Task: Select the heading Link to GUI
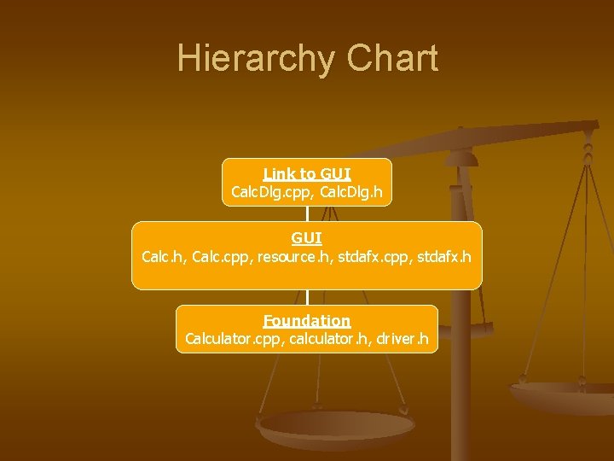click(307, 173)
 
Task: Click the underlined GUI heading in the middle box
click(307, 237)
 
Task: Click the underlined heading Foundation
click(307, 321)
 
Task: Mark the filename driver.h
click(403, 339)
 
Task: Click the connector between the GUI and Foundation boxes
click(307, 297)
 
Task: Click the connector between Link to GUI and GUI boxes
click(307, 213)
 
